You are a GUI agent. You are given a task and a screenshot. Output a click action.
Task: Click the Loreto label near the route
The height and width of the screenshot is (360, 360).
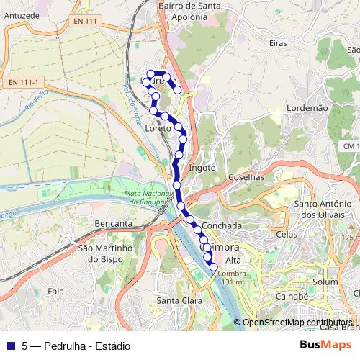[x=158, y=128]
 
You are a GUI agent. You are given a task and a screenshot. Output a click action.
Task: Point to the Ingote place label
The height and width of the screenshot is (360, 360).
[x=202, y=167]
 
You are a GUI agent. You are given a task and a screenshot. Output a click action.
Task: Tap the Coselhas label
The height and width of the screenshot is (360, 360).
[x=247, y=176]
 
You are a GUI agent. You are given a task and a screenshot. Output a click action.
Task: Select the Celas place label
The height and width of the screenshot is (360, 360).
[x=286, y=234]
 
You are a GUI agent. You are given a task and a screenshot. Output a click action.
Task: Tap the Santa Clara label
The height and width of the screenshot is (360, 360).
[x=179, y=300]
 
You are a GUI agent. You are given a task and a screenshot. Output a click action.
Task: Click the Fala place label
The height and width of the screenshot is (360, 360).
[x=55, y=291]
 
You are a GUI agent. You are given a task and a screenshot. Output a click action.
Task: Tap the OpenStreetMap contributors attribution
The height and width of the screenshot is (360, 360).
[x=295, y=323]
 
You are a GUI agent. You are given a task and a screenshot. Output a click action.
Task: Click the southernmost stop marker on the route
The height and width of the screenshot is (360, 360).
[x=214, y=269]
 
